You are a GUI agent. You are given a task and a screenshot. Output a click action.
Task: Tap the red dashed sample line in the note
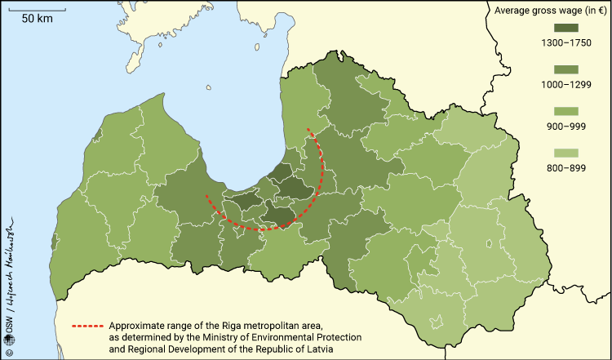[x=87, y=325]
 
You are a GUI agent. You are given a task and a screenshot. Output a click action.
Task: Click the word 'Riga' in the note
[x=235, y=325]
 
